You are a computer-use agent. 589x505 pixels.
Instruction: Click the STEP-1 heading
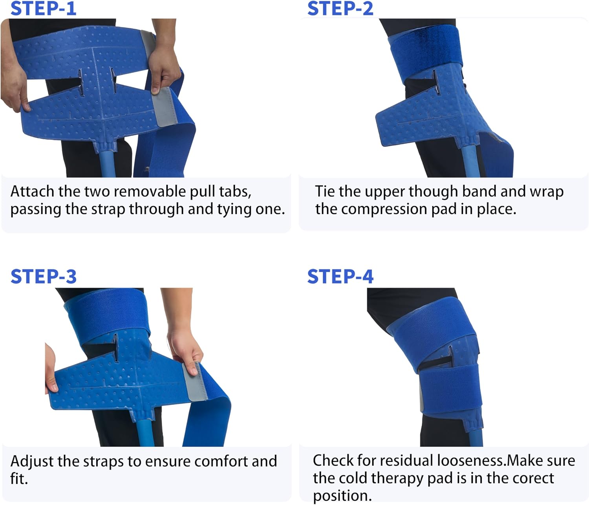point(43,9)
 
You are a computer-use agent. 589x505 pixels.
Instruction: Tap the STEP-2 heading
point(340,9)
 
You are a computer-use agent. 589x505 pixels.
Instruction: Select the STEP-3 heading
point(43,277)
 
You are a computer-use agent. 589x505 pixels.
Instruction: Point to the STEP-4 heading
point(340,277)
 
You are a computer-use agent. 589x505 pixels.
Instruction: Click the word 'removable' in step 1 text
point(150,192)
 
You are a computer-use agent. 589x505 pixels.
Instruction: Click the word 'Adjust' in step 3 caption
point(33,461)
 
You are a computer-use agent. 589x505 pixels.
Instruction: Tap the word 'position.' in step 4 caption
point(342,496)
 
